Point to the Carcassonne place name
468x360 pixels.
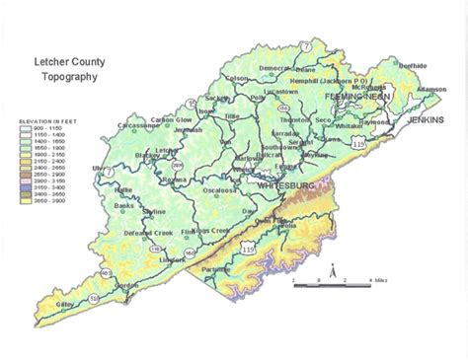click(x=137, y=125)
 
